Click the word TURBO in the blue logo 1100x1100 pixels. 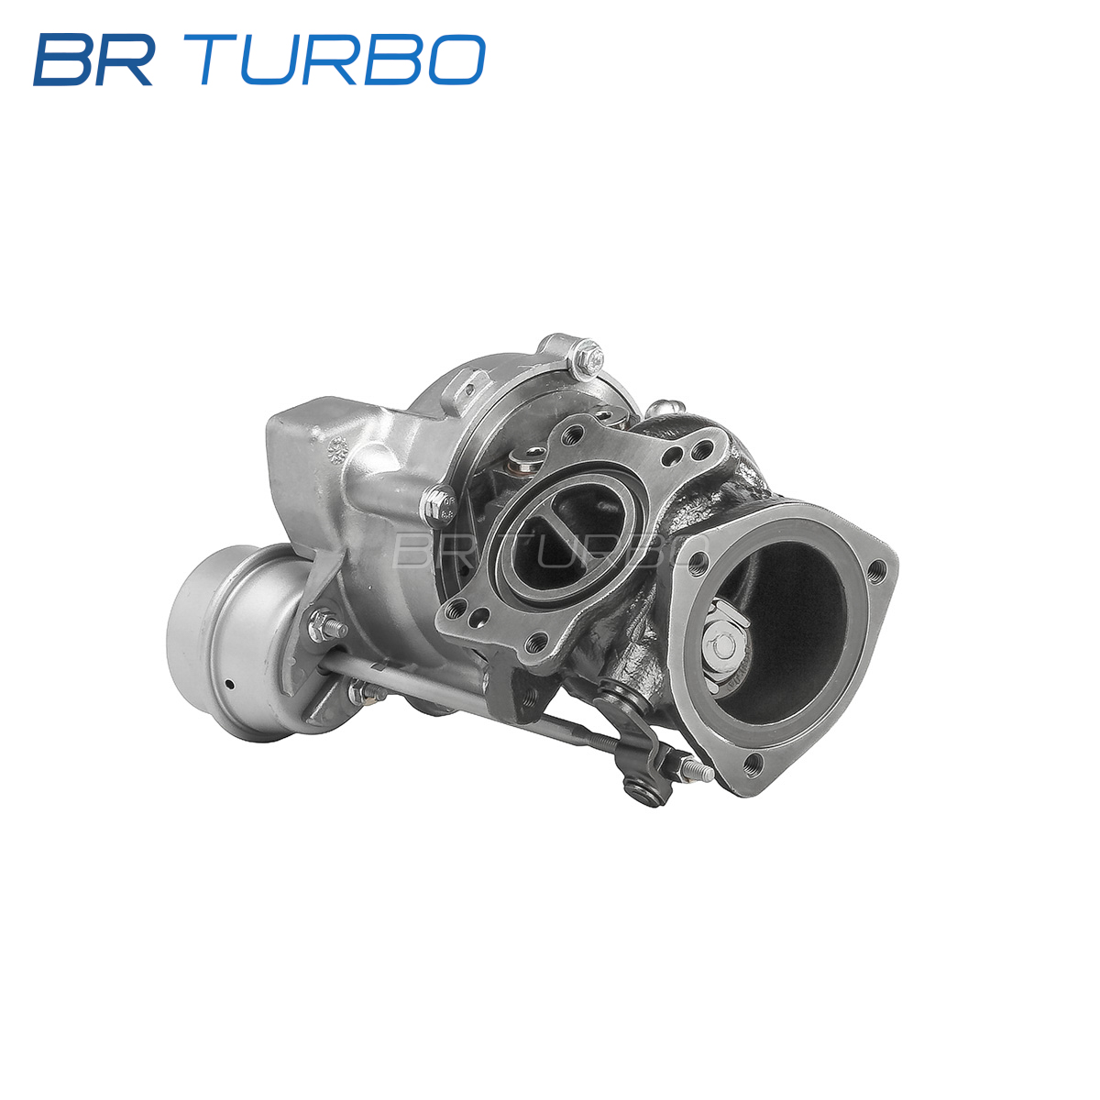point(342,60)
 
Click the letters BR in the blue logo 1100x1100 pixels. point(93,60)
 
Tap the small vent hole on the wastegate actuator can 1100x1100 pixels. point(229,683)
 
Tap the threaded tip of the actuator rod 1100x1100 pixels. point(702,773)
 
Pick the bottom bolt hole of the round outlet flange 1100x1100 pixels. point(753,760)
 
